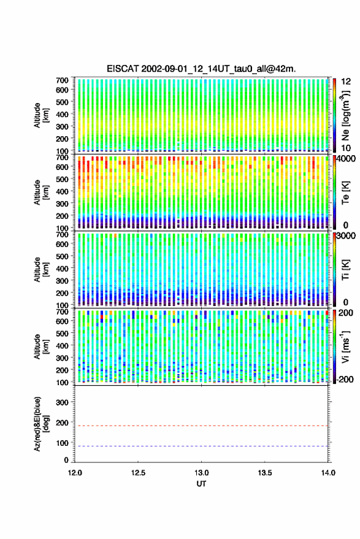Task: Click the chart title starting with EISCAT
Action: (x=201, y=69)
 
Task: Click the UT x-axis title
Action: (x=201, y=484)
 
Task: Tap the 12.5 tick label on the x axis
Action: (x=138, y=473)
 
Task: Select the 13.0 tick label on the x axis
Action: (x=201, y=473)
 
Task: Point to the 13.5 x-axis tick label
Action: (x=264, y=473)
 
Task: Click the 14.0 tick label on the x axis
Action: (x=328, y=473)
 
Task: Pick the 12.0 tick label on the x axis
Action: (x=75, y=473)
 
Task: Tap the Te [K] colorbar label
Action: (x=345, y=193)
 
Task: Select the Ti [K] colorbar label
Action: (x=345, y=270)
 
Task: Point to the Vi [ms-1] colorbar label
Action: (x=345, y=347)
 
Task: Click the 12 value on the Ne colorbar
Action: (x=346, y=82)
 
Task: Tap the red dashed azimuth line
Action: (x=201, y=426)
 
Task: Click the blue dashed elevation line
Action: (x=201, y=446)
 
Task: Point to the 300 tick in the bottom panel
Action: (x=62, y=402)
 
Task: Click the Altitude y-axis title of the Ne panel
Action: (x=42, y=115)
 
